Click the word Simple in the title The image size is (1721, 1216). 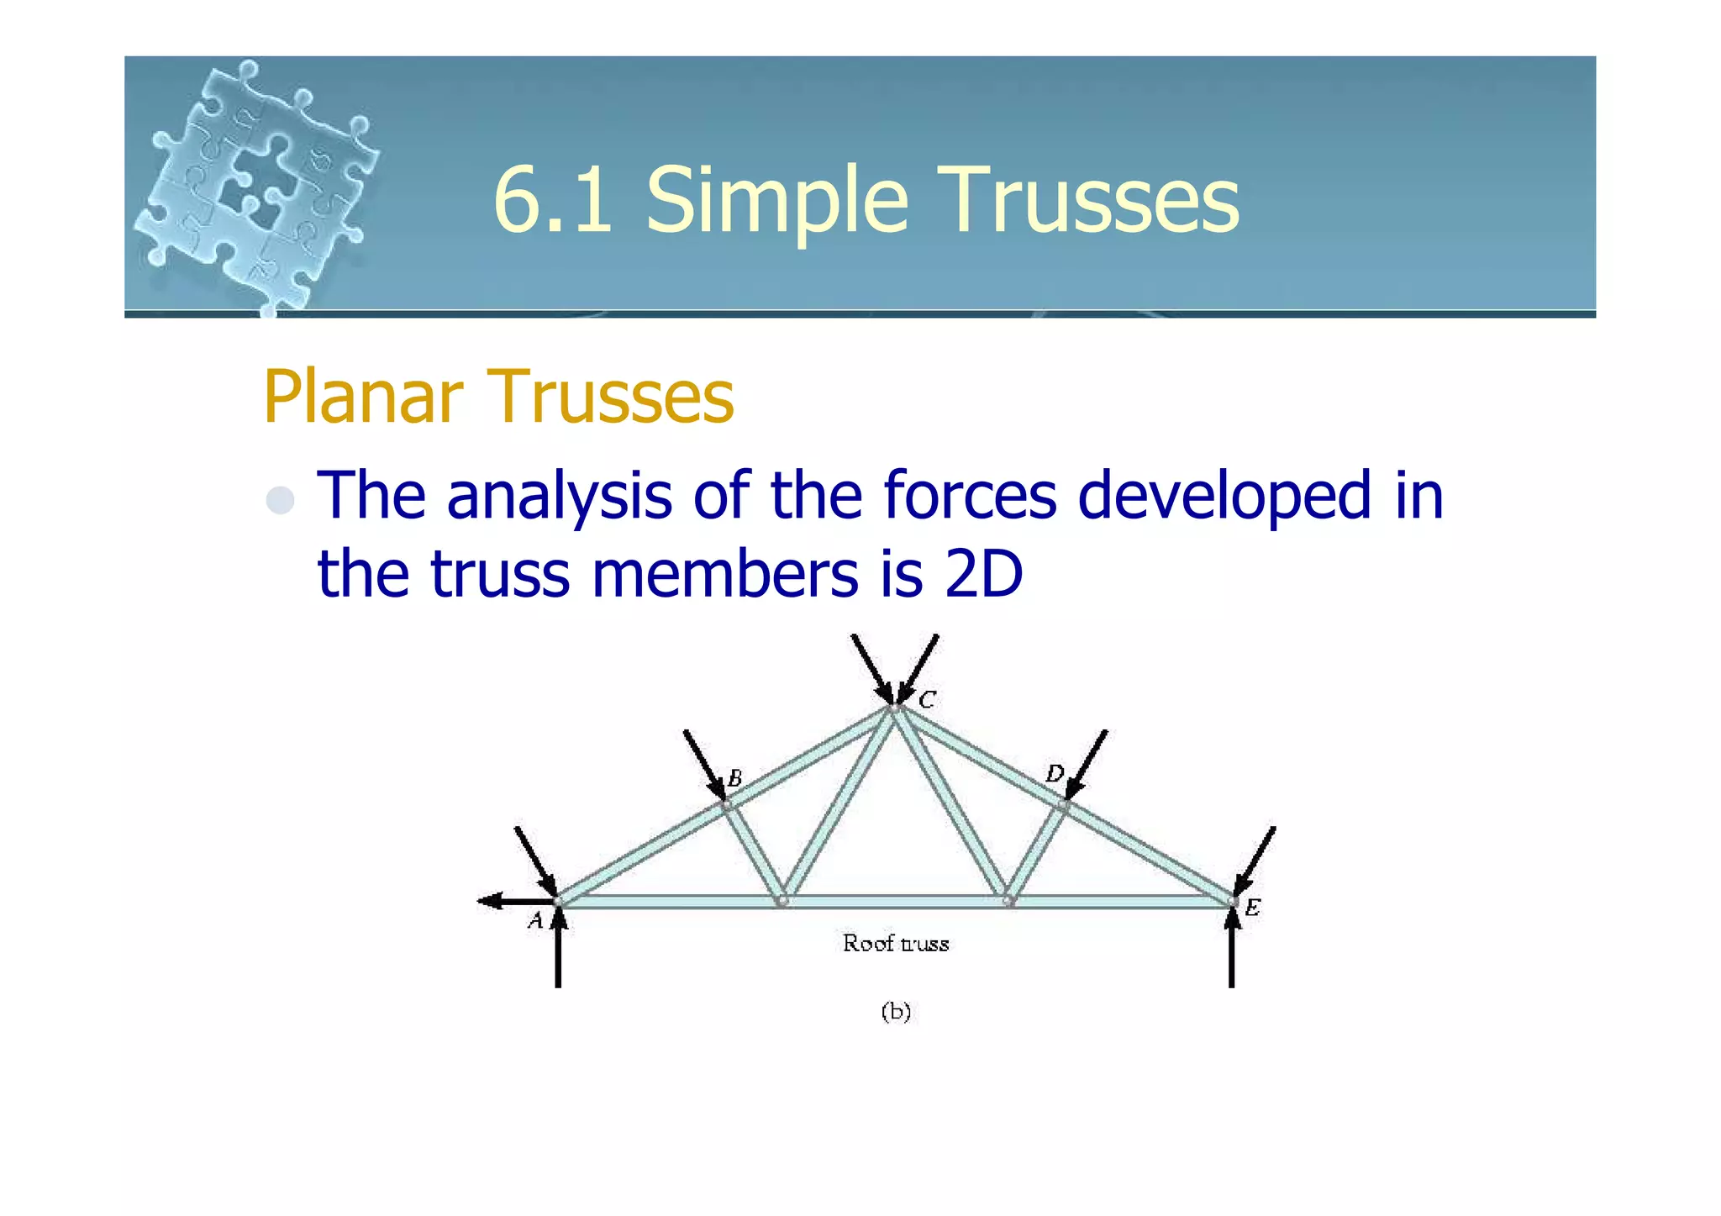(x=777, y=201)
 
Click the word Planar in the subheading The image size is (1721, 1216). (x=363, y=397)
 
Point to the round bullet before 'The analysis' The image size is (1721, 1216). (x=280, y=501)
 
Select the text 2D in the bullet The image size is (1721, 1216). (x=983, y=575)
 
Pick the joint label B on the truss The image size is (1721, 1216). (x=734, y=778)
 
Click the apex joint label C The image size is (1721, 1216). (x=926, y=700)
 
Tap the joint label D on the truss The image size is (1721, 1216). (x=1054, y=773)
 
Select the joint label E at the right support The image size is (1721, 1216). (x=1252, y=908)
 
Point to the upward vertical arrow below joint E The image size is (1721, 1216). (x=1231, y=950)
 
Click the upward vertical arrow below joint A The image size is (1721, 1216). (x=558, y=954)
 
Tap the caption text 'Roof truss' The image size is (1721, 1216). (x=896, y=944)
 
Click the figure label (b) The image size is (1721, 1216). (x=896, y=1011)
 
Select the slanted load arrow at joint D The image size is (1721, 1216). (x=1087, y=765)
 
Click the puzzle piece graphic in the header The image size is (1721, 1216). (x=256, y=185)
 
